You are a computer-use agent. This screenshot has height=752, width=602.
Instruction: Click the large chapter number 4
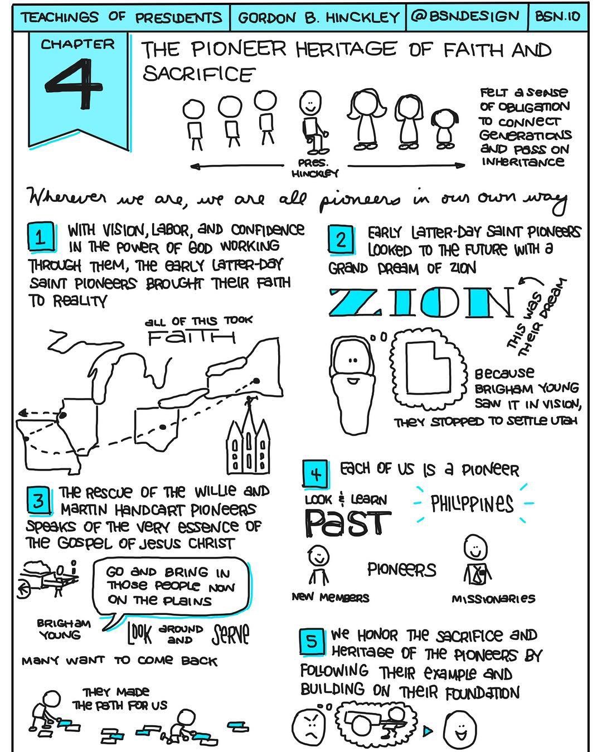pos(74,83)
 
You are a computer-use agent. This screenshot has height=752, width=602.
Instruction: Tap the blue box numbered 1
pos(41,237)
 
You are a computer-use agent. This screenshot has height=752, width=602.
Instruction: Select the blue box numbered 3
pos(39,501)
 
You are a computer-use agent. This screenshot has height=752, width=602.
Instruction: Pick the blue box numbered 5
pos(312,642)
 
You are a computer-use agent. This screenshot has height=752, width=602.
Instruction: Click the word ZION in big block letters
pos(421,302)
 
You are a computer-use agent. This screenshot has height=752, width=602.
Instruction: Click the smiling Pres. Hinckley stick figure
pos(313,122)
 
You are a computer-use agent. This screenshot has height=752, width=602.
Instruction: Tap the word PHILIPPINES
pos(472,503)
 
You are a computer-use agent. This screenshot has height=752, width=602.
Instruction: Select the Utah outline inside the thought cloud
pos(428,367)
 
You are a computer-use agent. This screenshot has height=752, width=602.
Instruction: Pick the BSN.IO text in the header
pos(557,16)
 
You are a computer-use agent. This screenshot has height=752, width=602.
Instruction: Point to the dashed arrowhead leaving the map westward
pos(23,414)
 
